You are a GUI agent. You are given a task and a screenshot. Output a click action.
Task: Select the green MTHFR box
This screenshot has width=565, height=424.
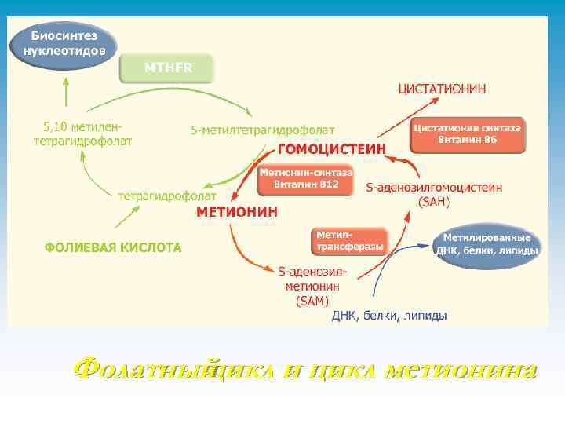pyautogui.click(x=166, y=68)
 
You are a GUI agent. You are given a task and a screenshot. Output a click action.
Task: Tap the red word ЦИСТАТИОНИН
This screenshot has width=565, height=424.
pyautogui.click(x=443, y=90)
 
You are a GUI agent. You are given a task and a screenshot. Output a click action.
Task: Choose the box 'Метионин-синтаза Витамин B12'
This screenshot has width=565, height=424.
pyautogui.click(x=305, y=178)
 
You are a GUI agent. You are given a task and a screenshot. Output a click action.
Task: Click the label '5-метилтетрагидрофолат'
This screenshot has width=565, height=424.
pyautogui.click(x=262, y=129)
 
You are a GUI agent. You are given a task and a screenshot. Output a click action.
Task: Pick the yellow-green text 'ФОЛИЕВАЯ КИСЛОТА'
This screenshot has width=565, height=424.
pyautogui.click(x=113, y=247)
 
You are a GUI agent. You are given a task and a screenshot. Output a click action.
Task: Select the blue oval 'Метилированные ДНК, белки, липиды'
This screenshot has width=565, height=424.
pyautogui.click(x=487, y=244)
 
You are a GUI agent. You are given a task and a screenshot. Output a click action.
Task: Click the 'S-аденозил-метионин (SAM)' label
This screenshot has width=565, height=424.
pyautogui.click(x=312, y=285)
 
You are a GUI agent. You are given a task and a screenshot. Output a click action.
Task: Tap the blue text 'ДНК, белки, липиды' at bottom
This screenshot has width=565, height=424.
pyautogui.click(x=389, y=316)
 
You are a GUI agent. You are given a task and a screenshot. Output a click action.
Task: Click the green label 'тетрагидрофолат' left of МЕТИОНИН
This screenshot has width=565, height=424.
pyautogui.click(x=167, y=195)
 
